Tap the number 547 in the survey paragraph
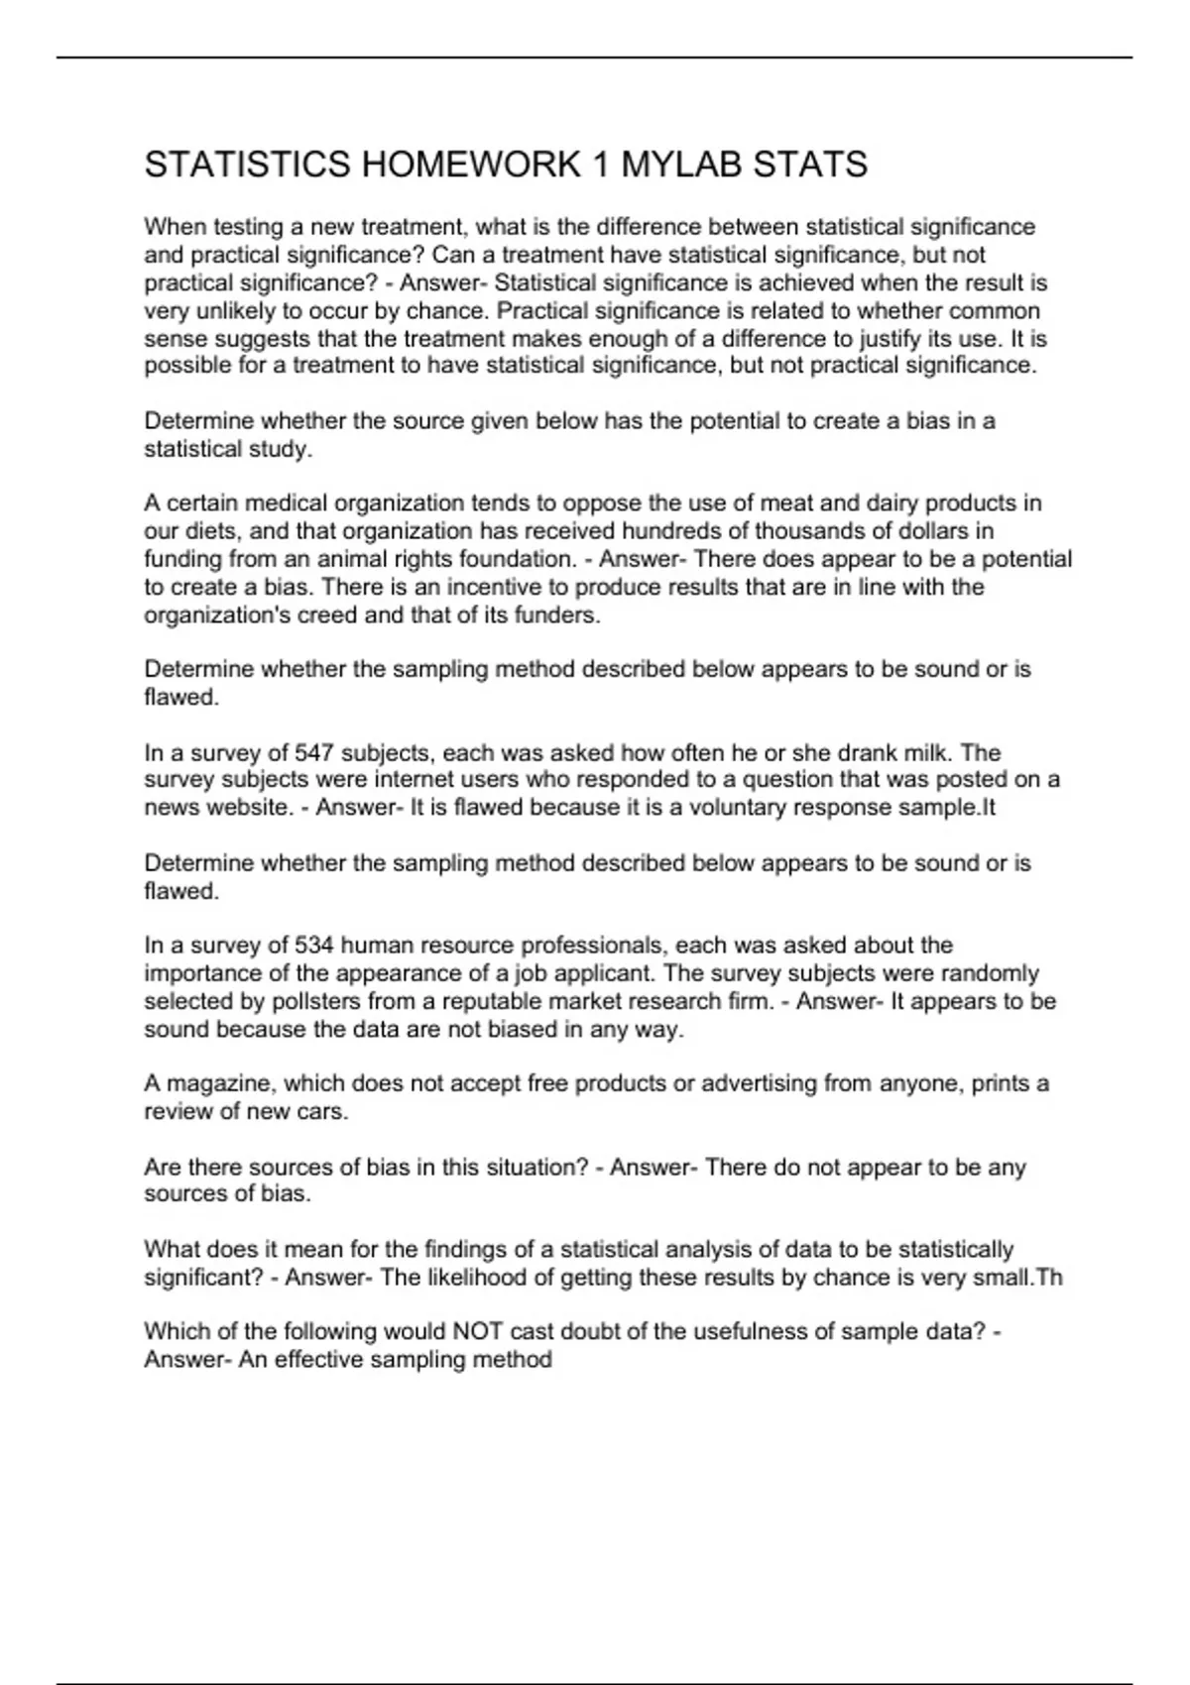[314, 752]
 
